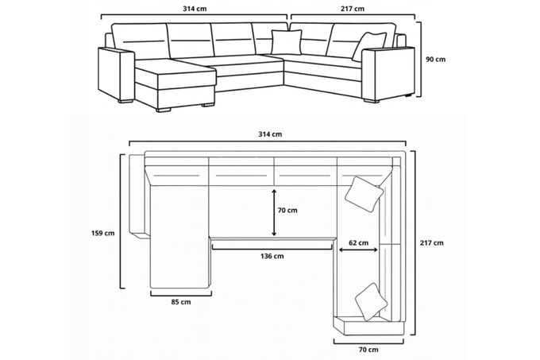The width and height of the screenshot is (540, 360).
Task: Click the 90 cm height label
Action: click(435, 59)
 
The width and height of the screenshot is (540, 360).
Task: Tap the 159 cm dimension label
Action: click(104, 233)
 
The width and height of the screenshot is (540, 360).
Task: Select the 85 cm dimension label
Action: click(180, 302)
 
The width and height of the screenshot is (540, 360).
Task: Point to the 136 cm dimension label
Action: click(272, 256)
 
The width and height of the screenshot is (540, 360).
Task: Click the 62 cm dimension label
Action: click(357, 242)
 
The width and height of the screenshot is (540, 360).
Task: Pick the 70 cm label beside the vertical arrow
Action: click(287, 211)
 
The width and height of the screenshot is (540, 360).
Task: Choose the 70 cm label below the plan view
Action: click(368, 350)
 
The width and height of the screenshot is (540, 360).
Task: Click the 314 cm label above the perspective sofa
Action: click(194, 9)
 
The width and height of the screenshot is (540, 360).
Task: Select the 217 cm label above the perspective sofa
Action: click(351, 9)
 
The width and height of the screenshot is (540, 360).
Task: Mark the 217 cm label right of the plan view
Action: click(433, 242)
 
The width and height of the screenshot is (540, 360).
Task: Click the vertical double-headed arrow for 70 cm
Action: click(274, 212)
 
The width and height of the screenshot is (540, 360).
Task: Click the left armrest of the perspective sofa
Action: click(116, 73)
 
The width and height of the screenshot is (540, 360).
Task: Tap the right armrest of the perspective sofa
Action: click(387, 73)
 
